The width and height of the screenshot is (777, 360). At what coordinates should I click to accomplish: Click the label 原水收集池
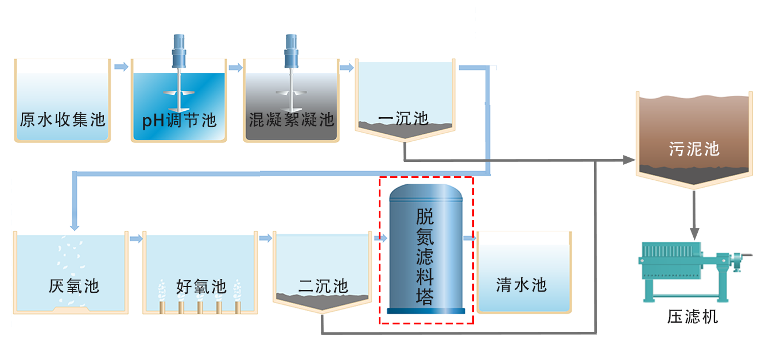tap(62, 120)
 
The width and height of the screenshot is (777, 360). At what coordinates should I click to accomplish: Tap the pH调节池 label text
tap(179, 121)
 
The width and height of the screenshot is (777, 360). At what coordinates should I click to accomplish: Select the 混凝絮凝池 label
tap(292, 120)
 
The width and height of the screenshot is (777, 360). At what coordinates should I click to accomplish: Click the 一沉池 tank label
tap(403, 119)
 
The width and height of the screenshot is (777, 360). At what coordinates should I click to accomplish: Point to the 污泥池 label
tap(694, 149)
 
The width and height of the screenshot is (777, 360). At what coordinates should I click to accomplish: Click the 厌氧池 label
tap(74, 285)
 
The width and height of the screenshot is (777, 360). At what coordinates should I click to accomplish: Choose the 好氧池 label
tap(201, 286)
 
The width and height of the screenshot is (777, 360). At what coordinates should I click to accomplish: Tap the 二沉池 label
tap(323, 285)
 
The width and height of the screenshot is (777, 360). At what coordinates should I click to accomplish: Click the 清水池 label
tap(521, 284)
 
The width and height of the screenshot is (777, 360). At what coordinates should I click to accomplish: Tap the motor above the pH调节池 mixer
tap(180, 52)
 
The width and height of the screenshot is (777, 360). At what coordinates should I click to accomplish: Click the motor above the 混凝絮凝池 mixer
tap(292, 52)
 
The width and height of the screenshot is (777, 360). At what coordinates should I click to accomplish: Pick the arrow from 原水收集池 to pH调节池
tap(121, 67)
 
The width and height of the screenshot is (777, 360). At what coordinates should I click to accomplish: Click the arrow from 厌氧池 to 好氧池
tap(135, 238)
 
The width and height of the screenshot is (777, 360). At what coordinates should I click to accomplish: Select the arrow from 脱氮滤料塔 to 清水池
tap(470, 238)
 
